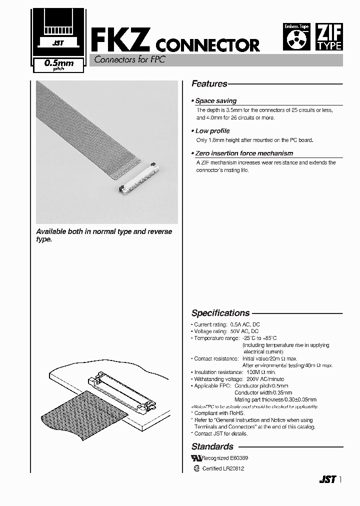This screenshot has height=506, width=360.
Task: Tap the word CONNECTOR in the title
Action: [x=208, y=45]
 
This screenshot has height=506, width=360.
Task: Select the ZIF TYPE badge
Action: [x=329, y=37]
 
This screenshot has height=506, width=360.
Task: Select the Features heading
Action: [x=209, y=84]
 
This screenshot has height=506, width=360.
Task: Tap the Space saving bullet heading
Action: [x=215, y=101]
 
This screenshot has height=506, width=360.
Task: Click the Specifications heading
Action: [x=220, y=313]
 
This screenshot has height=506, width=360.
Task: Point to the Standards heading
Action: [x=212, y=446]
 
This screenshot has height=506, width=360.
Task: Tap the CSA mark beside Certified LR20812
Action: [x=196, y=469]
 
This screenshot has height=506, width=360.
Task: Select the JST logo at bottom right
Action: [x=327, y=479]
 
